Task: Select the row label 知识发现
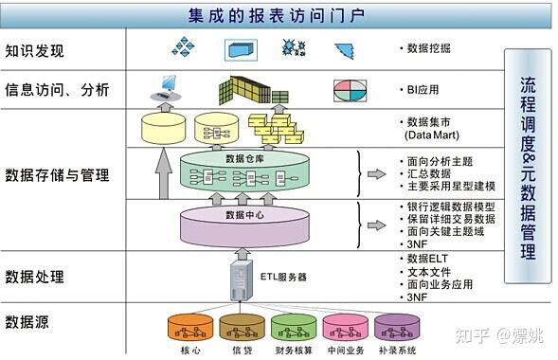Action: [x=35, y=49]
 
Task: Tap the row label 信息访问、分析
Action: [x=57, y=90]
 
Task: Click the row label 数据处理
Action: [x=35, y=277]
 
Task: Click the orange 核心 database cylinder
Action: [x=190, y=327]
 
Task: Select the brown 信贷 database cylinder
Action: [x=242, y=327]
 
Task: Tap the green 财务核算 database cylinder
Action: [x=293, y=327]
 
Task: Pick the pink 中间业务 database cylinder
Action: [x=345, y=327]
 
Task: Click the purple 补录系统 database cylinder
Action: [x=396, y=327]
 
